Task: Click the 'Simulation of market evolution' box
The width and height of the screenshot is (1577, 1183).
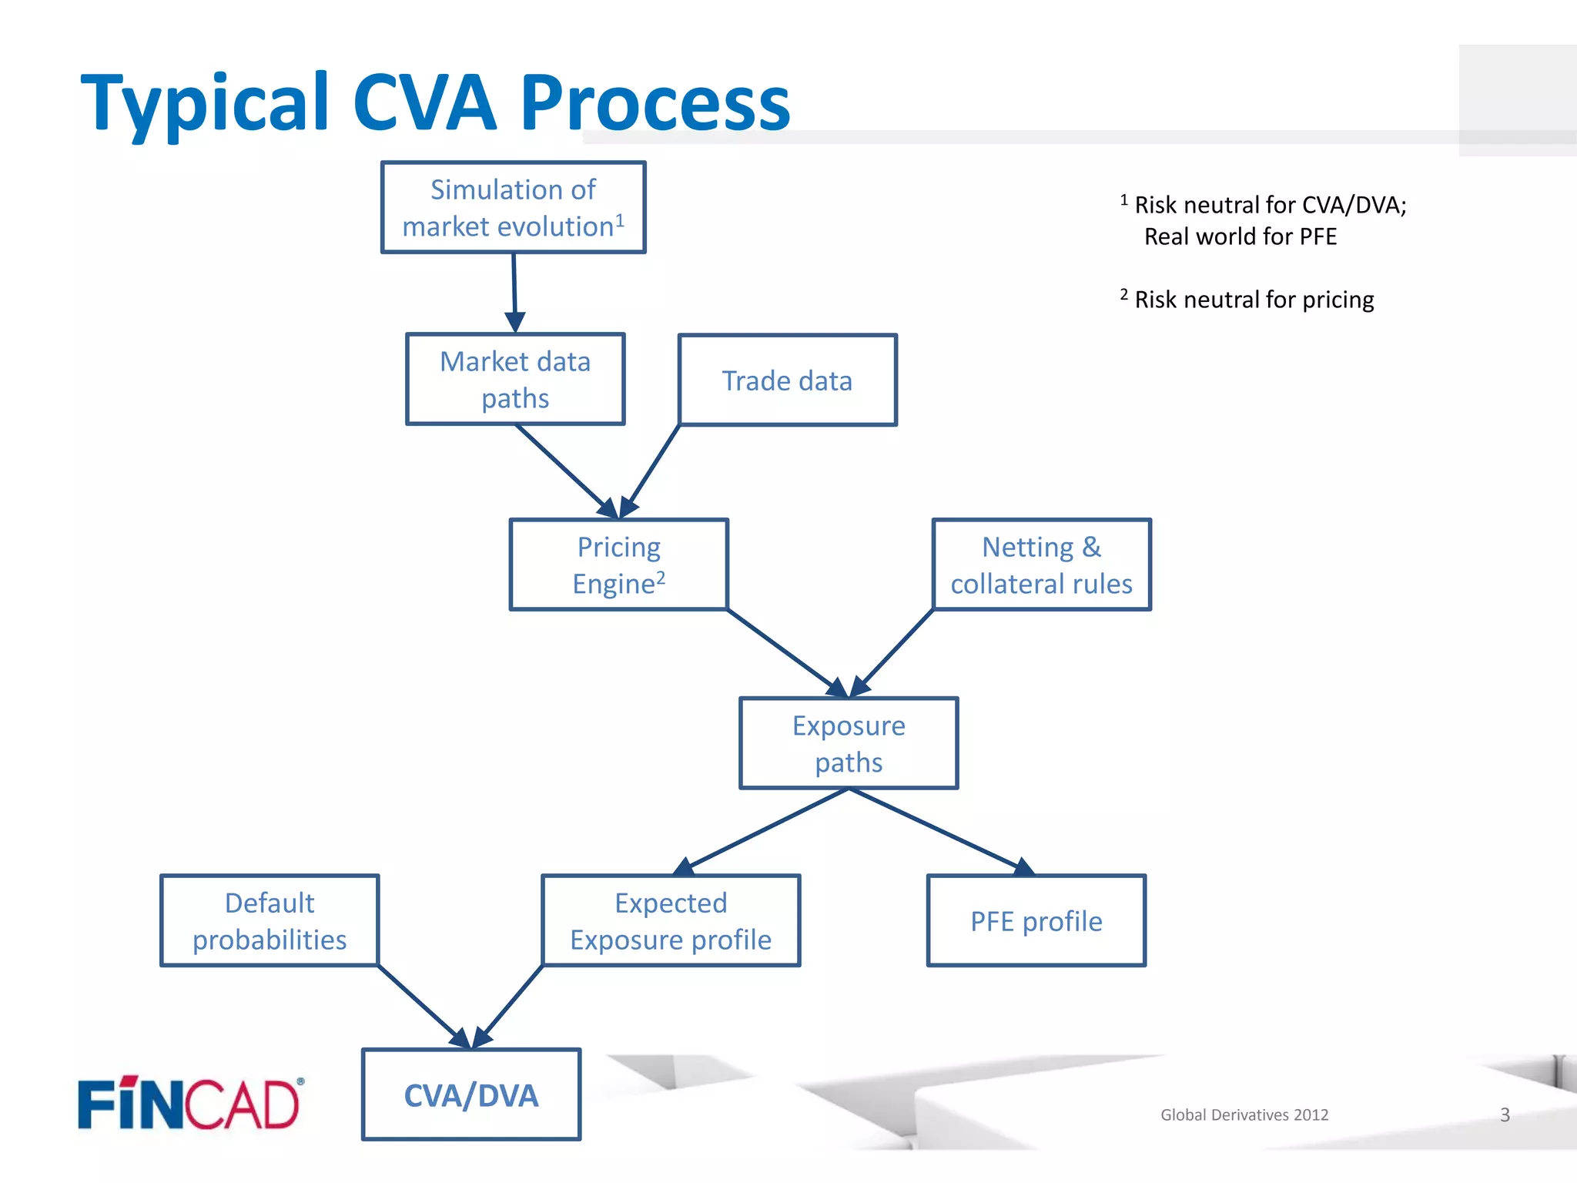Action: tap(514, 207)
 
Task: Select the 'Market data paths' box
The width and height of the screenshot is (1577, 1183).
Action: tap(515, 379)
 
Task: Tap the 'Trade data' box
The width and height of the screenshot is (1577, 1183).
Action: tap(788, 380)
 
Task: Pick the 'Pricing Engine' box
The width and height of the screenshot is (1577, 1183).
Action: tap(619, 565)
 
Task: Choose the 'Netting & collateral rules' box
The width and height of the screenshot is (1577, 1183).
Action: tap(1042, 565)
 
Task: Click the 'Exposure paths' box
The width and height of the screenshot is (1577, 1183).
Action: tap(849, 743)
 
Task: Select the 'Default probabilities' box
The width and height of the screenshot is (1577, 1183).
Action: tap(270, 920)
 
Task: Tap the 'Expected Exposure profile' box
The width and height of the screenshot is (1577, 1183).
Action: tap(671, 920)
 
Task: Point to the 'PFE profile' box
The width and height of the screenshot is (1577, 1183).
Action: tap(1036, 920)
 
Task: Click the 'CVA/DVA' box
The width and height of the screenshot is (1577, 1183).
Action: tap(471, 1094)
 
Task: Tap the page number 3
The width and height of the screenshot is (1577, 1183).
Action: tap(1505, 1114)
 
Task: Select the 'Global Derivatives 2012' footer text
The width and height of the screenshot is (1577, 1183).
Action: tap(1244, 1114)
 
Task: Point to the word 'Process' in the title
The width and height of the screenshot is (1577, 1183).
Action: tap(655, 102)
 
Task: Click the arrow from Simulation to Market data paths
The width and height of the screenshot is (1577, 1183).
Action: tap(514, 293)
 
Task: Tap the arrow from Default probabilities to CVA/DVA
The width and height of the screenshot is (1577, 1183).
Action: tap(424, 1007)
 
